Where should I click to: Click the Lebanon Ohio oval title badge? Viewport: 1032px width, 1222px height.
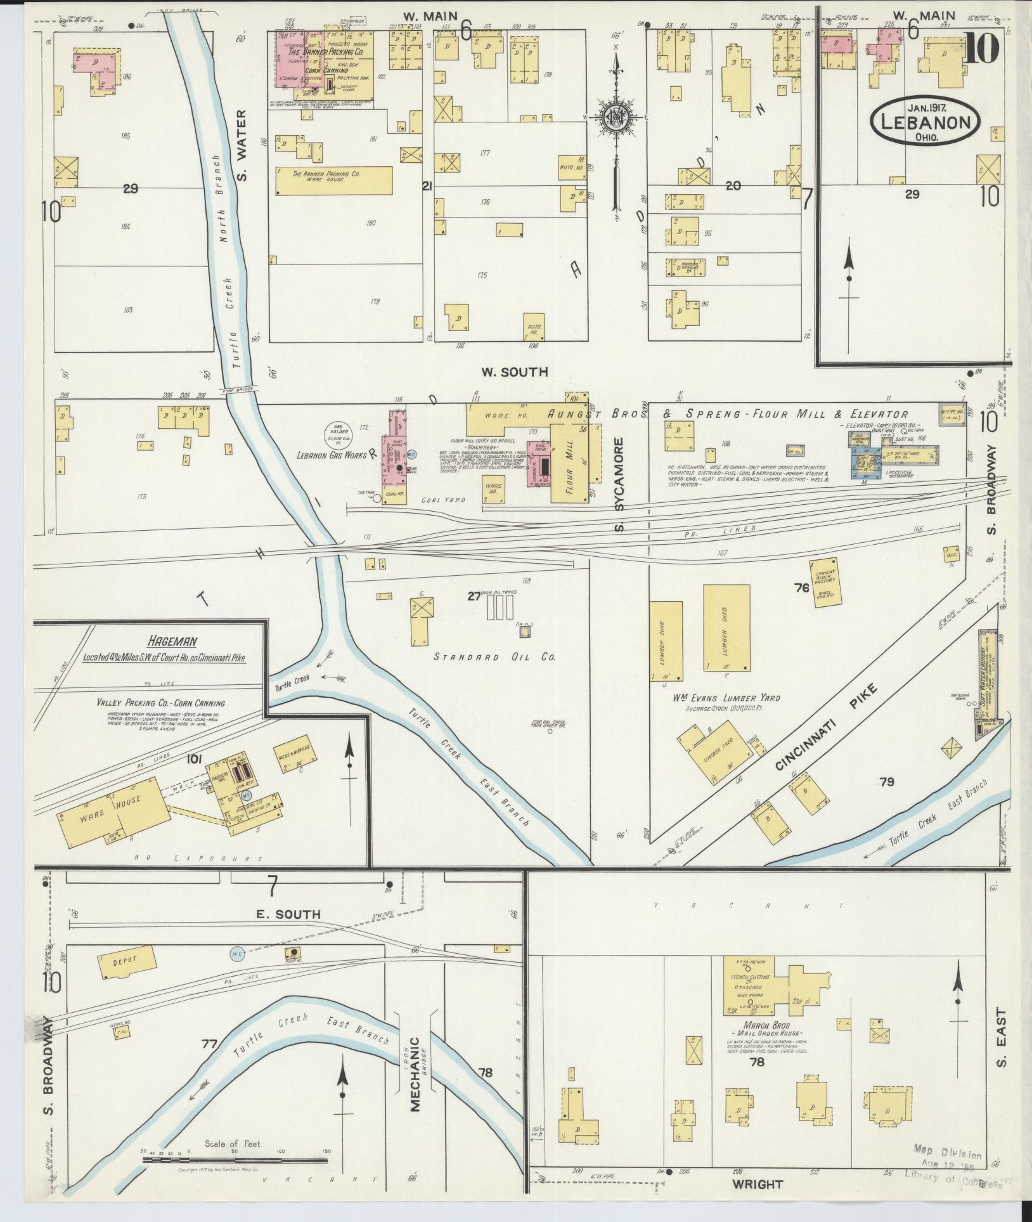(925, 122)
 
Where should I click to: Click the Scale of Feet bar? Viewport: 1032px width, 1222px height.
(235, 1160)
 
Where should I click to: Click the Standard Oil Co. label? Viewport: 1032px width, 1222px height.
(494, 657)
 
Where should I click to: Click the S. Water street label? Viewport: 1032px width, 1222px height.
(242, 145)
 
